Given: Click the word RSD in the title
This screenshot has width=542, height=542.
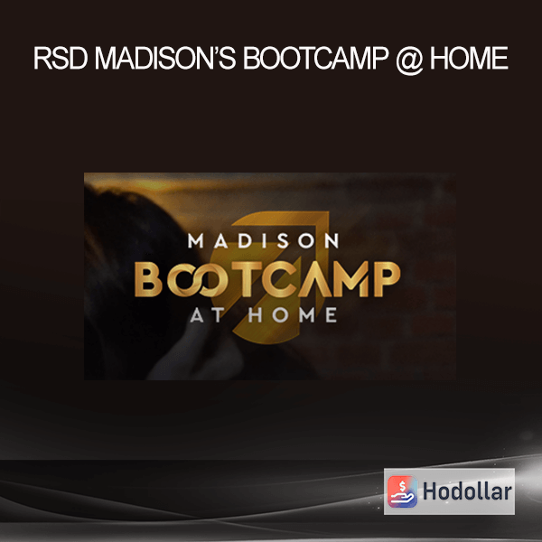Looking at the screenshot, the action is point(61,58).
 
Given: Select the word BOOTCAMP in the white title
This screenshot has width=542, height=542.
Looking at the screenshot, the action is point(316,58).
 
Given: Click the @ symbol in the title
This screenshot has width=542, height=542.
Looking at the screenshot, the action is point(409,60).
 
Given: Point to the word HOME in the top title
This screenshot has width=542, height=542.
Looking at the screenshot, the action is point(469,58).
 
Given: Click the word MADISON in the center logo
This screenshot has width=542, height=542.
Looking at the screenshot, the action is point(263,240).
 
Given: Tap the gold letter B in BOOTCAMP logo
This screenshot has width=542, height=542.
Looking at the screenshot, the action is point(148,279).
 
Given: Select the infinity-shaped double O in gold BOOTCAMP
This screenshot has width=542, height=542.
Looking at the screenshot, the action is point(198,279).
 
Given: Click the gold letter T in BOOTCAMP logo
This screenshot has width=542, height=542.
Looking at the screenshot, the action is point(246,279).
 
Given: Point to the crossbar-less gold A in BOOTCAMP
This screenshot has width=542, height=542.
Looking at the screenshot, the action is point(315,279).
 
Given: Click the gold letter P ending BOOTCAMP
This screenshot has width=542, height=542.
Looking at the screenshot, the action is point(387,279).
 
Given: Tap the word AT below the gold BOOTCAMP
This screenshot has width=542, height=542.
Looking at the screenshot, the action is point(207,315).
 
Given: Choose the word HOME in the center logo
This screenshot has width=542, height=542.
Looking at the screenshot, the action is point(293,315).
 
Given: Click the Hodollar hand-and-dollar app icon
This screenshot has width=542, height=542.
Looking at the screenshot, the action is point(402,491).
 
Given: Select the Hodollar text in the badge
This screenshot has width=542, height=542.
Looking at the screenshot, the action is point(467,491).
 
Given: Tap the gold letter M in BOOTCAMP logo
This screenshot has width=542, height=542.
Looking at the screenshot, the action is point(353,279).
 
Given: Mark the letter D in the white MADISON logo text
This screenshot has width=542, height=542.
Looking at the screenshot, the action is point(245,240).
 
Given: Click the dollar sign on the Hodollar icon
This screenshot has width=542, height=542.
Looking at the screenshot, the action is point(402,487).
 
